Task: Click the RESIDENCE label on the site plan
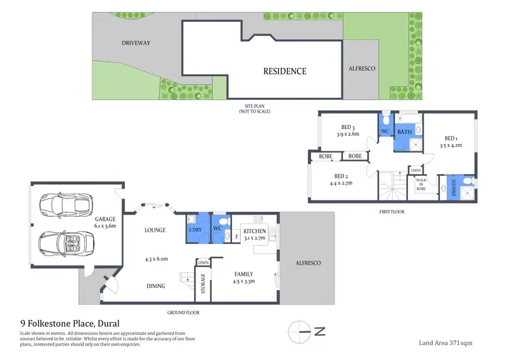284,71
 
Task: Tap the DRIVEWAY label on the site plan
136,43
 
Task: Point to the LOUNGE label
155,230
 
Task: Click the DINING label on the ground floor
155,286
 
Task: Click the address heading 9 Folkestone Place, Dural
70,324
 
